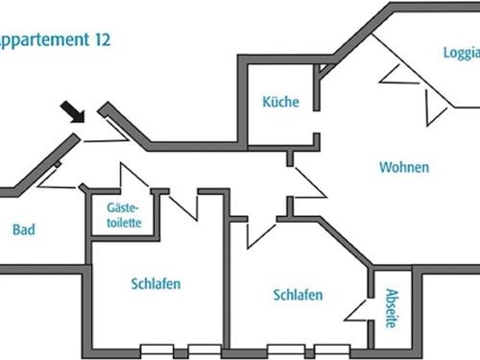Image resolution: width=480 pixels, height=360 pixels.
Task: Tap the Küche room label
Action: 280,102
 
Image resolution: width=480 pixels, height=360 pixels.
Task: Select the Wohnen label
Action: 404,167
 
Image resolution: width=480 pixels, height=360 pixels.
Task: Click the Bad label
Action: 24,230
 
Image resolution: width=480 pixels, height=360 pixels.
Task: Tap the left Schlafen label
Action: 156,283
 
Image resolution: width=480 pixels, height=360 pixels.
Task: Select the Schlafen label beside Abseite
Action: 298,295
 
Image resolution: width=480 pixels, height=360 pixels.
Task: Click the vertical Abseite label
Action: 391,308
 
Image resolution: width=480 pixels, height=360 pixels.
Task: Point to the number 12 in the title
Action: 102,40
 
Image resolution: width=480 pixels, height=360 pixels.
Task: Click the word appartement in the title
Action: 45,40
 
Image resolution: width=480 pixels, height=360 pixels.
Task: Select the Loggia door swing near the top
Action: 401,75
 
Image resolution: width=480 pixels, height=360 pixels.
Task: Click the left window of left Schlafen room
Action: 156,349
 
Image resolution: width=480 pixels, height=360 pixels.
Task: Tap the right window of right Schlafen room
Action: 331,349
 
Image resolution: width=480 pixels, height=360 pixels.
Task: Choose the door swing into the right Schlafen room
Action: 261,230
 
